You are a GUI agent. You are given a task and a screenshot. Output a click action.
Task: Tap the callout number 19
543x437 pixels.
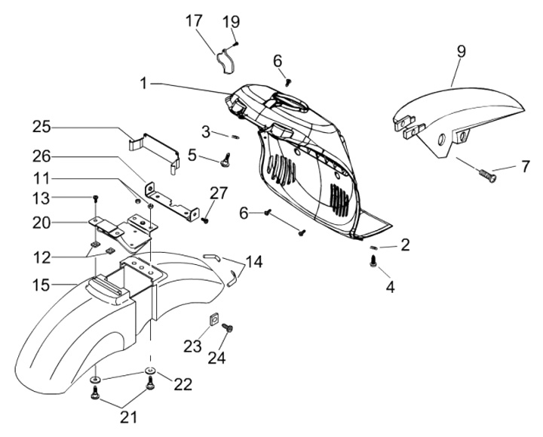click(x=231, y=21)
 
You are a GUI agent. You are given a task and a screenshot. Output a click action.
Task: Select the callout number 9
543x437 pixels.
click(x=461, y=51)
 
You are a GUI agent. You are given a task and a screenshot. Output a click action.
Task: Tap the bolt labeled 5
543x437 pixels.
click(x=224, y=158)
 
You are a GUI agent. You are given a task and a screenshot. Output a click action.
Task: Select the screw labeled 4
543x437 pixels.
click(x=373, y=261)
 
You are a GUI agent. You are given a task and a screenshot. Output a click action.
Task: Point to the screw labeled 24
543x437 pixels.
click(x=230, y=330)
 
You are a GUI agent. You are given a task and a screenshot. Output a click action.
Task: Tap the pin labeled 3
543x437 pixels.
click(x=235, y=137)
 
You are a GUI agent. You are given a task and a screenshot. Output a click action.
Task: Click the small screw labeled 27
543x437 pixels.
click(x=205, y=220)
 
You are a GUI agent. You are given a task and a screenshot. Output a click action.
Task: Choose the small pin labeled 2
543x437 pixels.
click(x=377, y=247)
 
